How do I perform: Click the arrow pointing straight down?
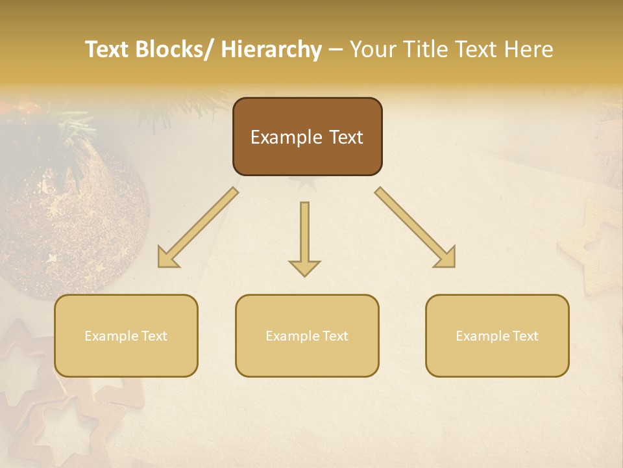pyautogui.click(x=304, y=237)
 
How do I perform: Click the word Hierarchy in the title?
pyautogui.click(x=271, y=49)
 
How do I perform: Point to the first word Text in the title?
pyautogui.click(x=108, y=49)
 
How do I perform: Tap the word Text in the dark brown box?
pyautogui.click(x=345, y=137)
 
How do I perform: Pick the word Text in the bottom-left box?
pyautogui.click(x=154, y=336)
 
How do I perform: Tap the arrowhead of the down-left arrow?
pyautogui.click(x=167, y=258)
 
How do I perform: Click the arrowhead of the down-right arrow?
pyautogui.click(x=446, y=258)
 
